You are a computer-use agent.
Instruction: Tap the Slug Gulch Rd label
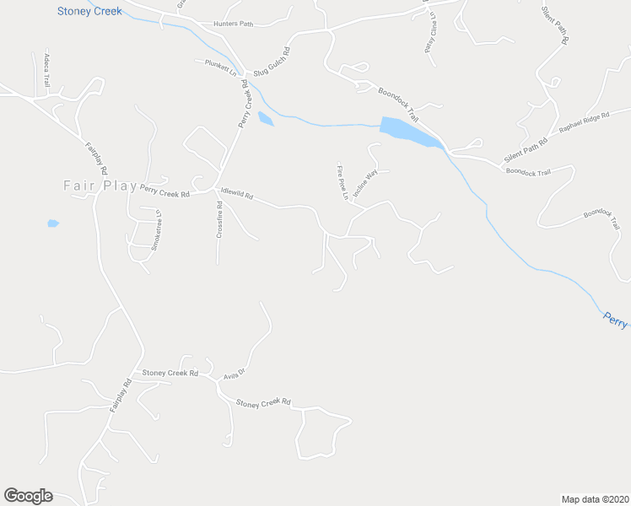(272, 61)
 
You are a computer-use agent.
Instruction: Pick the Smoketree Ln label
(156, 230)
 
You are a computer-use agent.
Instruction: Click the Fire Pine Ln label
(342, 182)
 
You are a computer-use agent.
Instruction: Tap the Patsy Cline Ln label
(429, 31)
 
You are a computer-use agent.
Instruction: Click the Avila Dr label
(234, 373)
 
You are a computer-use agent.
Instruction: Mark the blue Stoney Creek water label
(89, 12)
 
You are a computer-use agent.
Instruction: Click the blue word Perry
(616, 319)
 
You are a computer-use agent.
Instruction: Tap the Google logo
(28, 496)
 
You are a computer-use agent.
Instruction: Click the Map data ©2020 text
(595, 498)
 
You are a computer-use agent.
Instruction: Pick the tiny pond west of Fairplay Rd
(53, 223)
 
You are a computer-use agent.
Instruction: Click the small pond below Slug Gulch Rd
(266, 119)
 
